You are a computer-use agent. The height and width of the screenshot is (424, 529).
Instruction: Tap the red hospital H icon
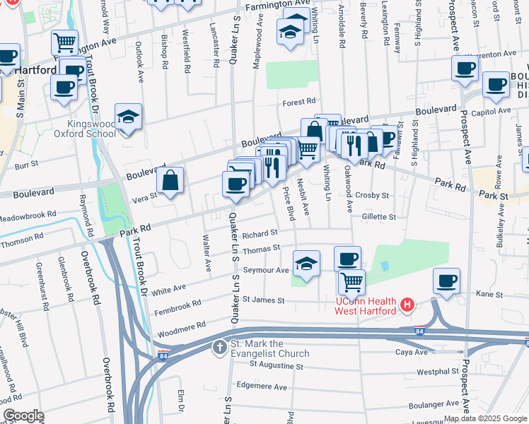point(407,305)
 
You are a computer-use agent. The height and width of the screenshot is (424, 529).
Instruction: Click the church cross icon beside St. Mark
point(220,347)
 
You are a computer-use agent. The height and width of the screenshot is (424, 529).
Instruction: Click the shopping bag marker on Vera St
point(170,181)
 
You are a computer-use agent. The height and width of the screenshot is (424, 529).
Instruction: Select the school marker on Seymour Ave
point(306,264)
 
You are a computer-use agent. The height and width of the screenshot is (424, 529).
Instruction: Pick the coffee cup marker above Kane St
point(446,281)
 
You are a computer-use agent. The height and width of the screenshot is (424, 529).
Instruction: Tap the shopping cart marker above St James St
point(351,283)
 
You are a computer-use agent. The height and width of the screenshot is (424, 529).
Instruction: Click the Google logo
point(23,416)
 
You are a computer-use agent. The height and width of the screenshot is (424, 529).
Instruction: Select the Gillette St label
point(379,217)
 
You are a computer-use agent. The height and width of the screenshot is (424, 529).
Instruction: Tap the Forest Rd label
point(298,102)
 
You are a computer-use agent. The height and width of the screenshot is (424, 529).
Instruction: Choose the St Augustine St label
point(276,367)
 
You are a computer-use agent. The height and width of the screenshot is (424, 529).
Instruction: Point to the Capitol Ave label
point(495,111)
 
